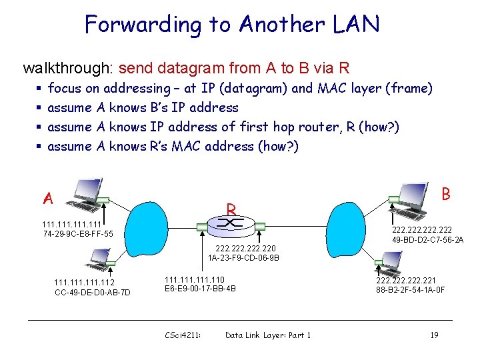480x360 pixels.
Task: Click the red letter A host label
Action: [x=47, y=199]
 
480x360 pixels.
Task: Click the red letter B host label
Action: [x=446, y=194]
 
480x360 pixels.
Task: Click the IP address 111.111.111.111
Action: [x=71, y=225]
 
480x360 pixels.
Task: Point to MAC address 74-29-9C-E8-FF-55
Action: [x=77, y=234]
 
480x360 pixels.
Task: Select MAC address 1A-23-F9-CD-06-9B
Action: [x=243, y=257]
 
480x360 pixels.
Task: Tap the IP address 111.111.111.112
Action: [x=85, y=283]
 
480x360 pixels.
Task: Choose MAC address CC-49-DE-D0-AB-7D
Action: [x=93, y=292]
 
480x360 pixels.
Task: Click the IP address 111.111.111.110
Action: [x=195, y=279]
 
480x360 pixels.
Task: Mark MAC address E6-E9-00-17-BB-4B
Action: [x=200, y=289]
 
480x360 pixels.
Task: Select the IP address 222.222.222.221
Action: [x=406, y=280]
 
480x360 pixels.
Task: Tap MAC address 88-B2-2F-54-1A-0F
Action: [x=411, y=289]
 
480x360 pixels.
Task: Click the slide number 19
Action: [x=434, y=335]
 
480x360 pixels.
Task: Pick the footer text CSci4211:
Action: [x=183, y=335]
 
